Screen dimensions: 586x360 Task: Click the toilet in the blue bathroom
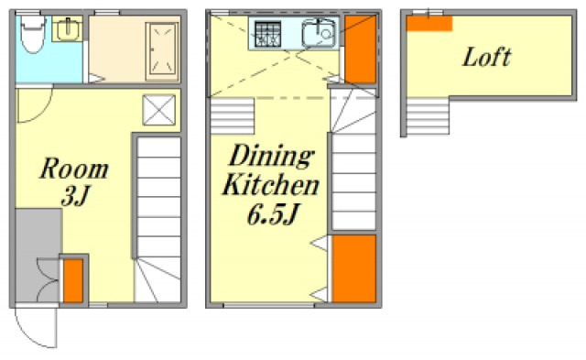pos(33,34)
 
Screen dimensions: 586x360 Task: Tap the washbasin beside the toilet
pos(67,29)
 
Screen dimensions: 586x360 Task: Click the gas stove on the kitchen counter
pos(268,34)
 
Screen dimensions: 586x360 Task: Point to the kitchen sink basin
pos(319,33)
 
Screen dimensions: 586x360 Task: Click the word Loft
pos(486,57)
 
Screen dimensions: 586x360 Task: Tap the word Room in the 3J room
pos(74,169)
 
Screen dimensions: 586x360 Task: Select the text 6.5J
pos(273,214)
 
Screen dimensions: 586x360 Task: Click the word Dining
pos(272,157)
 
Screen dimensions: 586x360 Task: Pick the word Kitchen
pos(271,185)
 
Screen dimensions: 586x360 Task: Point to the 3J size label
pos(76,195)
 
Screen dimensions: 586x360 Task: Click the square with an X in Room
pos(158,110)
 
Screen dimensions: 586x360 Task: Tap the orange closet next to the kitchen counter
pos(360,49)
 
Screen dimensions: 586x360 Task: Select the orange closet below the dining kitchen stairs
pos(354,268)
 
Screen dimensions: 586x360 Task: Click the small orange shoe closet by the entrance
pos(73,280)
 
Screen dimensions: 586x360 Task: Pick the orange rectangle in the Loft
pos(429,23)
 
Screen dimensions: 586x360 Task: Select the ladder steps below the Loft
pos(428,116)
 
